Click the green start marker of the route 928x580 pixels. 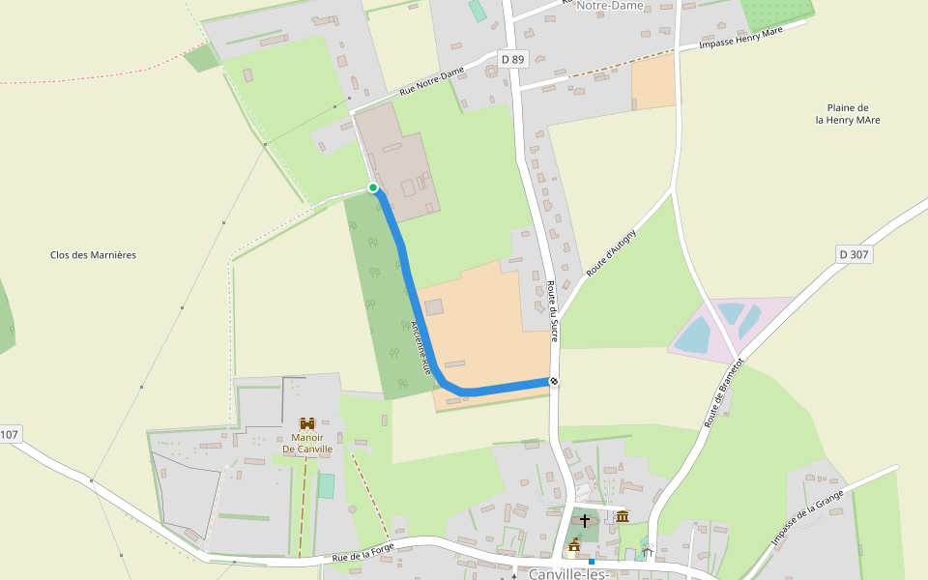[373, 188]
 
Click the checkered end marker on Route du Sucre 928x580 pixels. [554, 381]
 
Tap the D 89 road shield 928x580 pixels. [511, 60]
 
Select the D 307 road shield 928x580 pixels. [854, 254]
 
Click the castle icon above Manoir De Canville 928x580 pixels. [307, 424]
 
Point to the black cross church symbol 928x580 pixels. [584, 520]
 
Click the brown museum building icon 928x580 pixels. [622, 516]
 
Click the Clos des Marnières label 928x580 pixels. [93, 255]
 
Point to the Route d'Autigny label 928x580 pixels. [611, 253]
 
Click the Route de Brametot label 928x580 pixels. [724, 393]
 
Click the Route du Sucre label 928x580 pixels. [553, 309]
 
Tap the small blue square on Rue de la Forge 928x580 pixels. [591, 561]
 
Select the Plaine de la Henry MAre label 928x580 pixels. [848, 114]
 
